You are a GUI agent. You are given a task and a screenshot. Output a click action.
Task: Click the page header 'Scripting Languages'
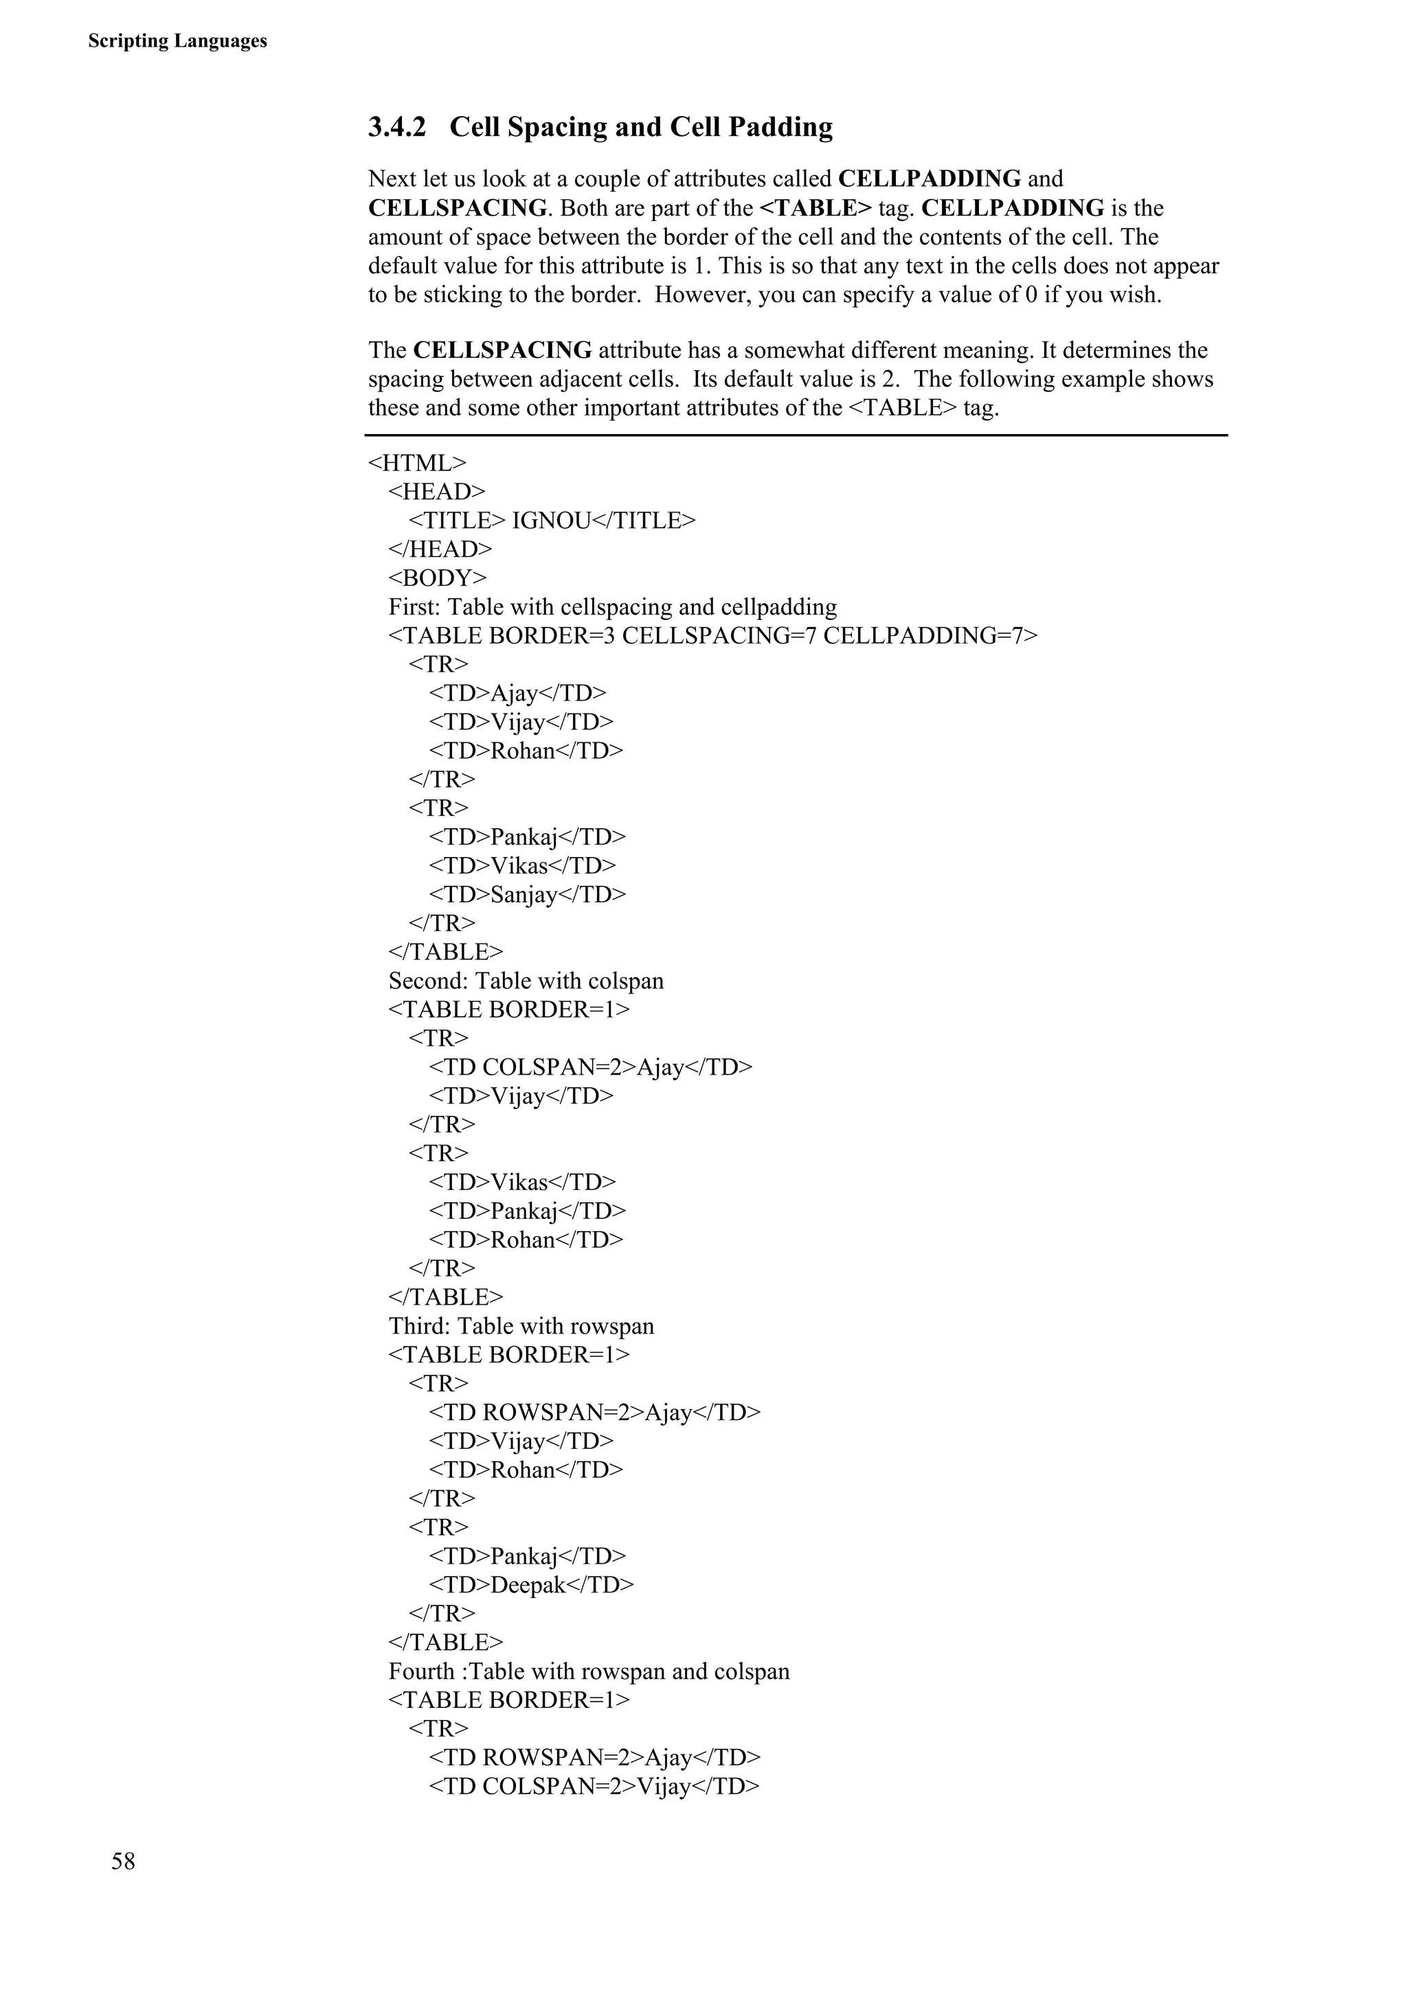[x=178, y=41]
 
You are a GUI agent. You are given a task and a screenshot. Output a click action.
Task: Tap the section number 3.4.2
[x=397, y=128]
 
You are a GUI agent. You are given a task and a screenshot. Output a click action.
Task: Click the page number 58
[x=123, y=1861]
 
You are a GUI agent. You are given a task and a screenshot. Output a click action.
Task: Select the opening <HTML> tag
[x=417, y=463]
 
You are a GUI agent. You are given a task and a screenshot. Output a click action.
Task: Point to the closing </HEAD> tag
[x=440, y=549]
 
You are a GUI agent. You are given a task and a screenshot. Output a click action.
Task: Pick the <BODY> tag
[x=438, y=578]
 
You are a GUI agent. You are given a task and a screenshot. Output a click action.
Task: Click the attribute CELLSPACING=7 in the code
[x=719, y=635]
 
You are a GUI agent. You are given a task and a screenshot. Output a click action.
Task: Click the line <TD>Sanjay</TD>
[x=527, y=895]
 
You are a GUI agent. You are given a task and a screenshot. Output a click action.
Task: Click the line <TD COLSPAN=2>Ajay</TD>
[x=590, y=1067]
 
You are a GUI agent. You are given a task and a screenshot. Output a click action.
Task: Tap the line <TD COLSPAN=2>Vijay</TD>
[x=594, y=1786]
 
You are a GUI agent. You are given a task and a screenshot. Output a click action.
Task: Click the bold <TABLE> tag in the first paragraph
[x=815, y=208]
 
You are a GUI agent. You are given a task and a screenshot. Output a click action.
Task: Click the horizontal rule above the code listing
[x=796, y=435]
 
